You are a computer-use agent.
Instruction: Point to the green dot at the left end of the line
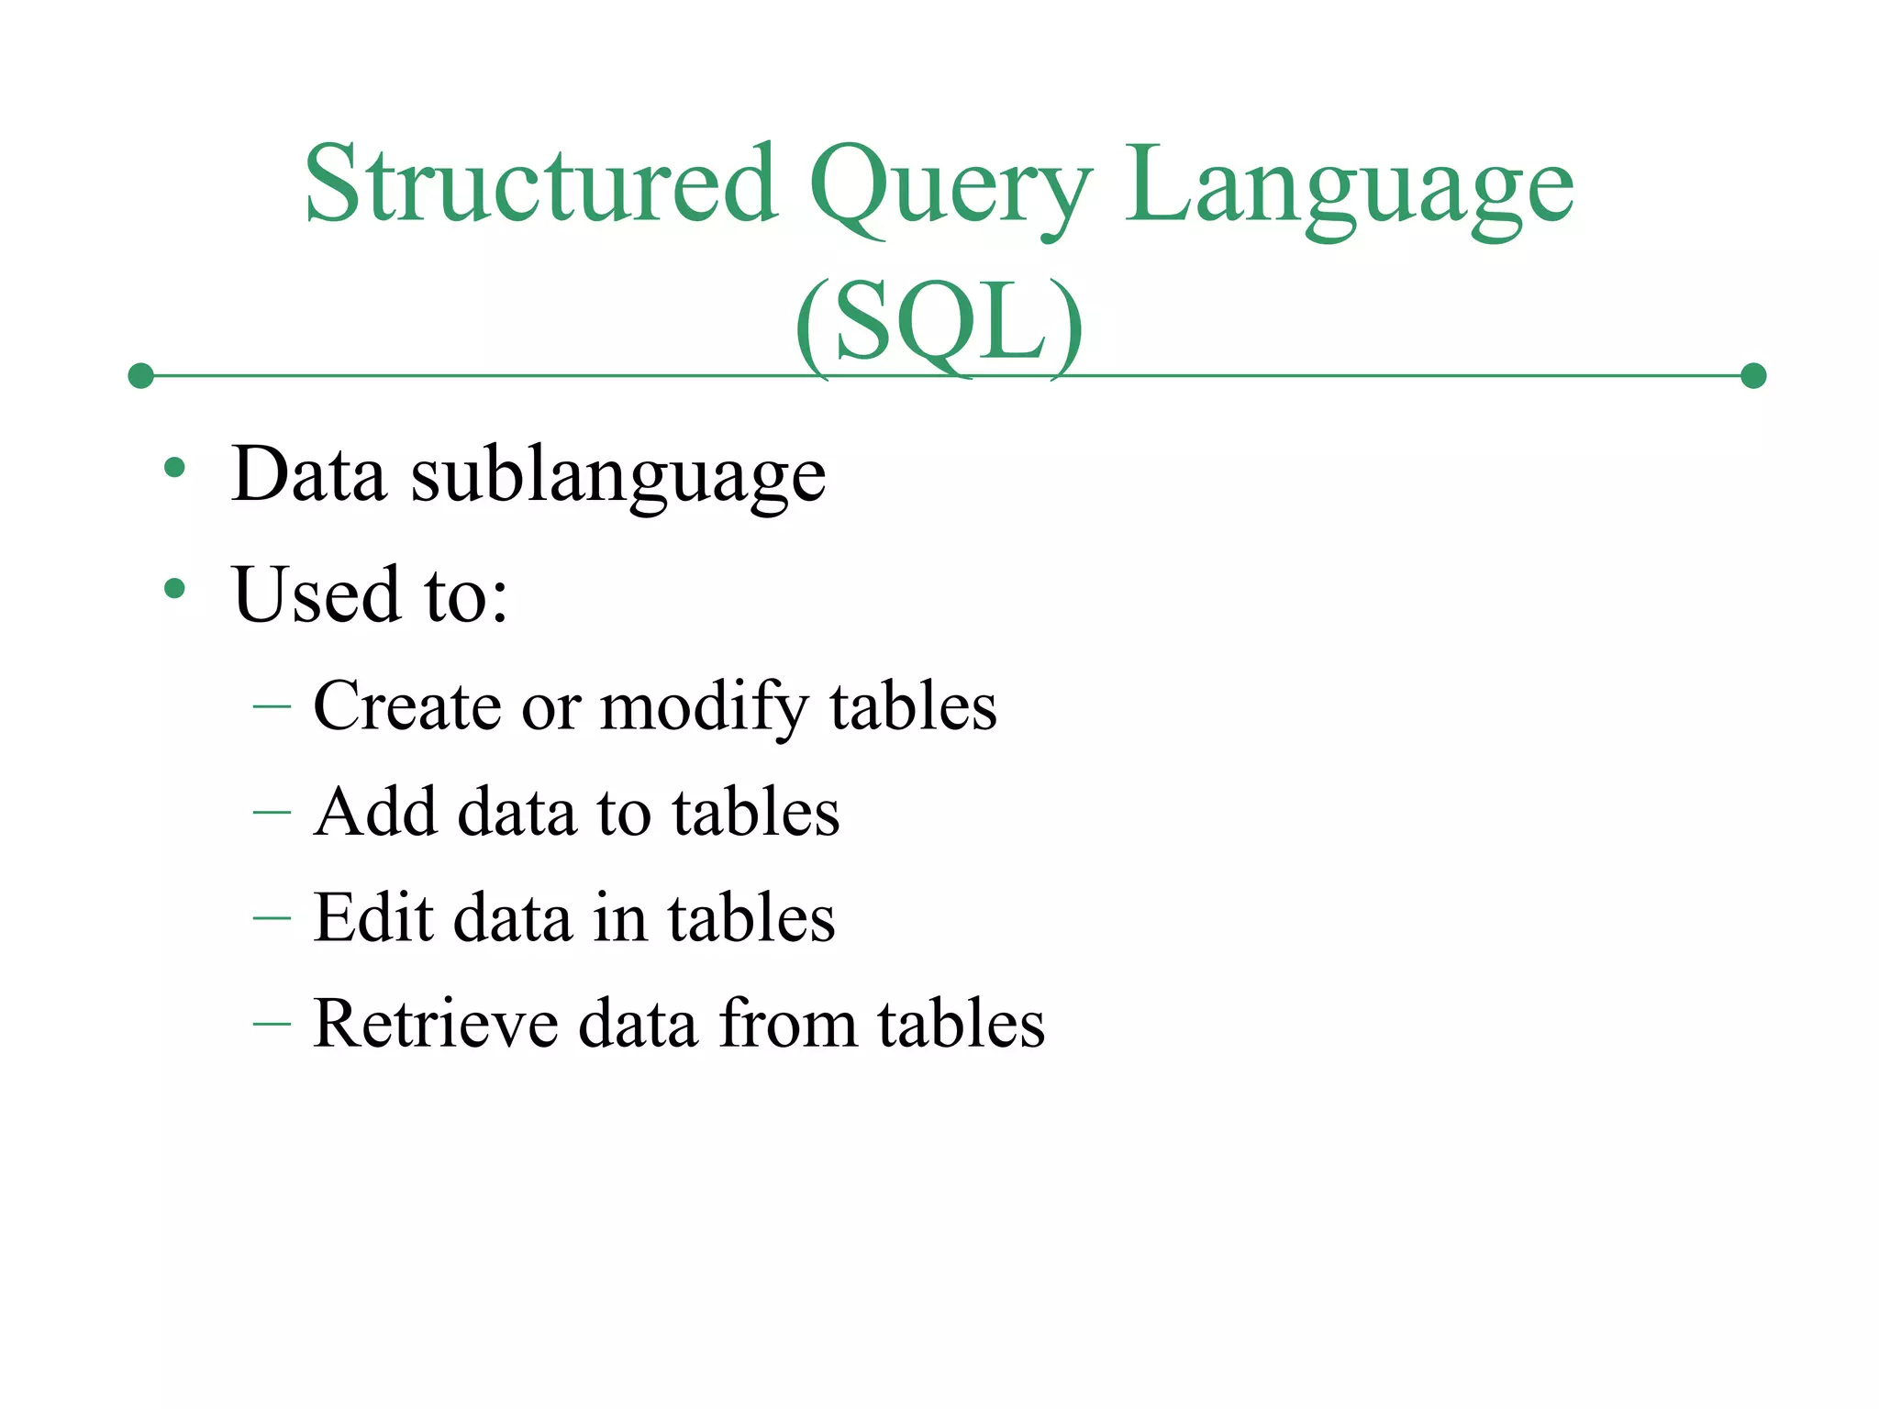[140, 375]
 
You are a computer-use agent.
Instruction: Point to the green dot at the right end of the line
[1753, 375]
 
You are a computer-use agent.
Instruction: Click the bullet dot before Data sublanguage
[174, 469]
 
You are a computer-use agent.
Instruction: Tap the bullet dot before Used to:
[174, 588]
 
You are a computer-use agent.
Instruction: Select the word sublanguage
[617, 477]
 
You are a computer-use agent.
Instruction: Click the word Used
[317, 594]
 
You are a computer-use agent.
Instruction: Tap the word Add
[374, 812]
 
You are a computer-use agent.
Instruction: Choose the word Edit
[372, 917]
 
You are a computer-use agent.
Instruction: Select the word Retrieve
[435, 1023]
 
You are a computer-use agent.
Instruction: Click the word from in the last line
[787, 1023]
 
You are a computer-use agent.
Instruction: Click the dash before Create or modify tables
[272, 706]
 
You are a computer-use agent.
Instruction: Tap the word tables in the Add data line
[755, 812]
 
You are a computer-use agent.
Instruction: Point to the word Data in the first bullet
[308, 475]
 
